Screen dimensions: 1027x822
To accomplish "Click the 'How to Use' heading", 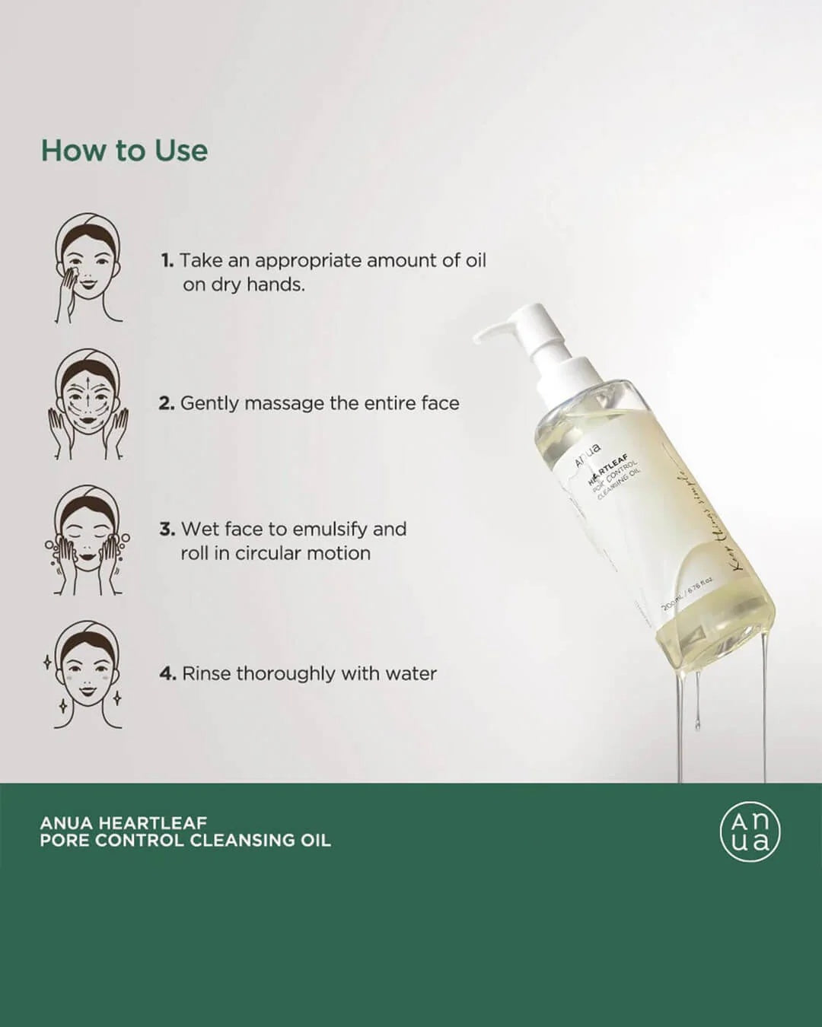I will coord(124,151).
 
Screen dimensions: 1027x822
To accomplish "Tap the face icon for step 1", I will coord(88,268).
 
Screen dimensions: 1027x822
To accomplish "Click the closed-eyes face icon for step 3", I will coord(88,540).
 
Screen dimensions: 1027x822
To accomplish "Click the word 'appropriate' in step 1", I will coord(308,260).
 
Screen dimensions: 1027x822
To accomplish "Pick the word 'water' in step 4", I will coord(411,673).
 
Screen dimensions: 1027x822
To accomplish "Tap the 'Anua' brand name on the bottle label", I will coord(588,455).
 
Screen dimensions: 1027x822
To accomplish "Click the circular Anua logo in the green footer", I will coord(750,832).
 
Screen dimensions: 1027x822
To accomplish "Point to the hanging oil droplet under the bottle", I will coord(697,723).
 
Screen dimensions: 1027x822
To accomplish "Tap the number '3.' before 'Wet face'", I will coord(167,529).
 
